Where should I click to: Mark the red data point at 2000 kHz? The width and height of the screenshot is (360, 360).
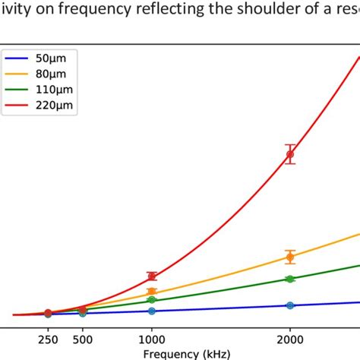tap(289, 154)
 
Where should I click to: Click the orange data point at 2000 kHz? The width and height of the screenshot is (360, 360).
tap(289, 257)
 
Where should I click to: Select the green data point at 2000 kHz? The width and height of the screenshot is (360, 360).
tap(289, 279)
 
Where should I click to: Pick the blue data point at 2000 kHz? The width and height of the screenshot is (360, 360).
tap(289, 305)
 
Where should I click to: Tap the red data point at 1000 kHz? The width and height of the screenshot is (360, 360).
tap(152, 276)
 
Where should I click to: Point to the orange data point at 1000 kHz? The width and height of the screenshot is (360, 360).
tap(152, 292)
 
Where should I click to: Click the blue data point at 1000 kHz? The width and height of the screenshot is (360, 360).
tap(152, 311)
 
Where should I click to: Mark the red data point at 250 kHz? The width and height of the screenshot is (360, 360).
tap(48, 313)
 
